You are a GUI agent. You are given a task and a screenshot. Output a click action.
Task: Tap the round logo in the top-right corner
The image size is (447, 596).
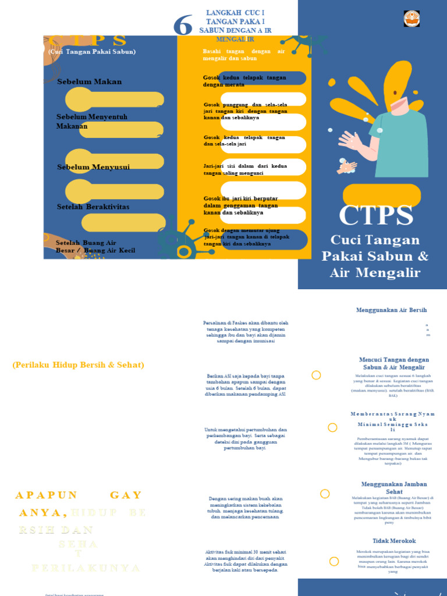pyautogui.click(x=411, y=18)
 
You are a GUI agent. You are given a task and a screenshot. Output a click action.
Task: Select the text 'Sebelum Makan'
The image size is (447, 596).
pyautogui.click(x=90, y=81)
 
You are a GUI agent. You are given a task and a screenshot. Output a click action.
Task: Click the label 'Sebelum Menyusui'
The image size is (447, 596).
pyautogui.click(x=93, y=167)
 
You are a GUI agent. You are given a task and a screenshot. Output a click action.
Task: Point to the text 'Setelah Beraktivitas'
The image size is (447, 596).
pyautogui.click(x=93, y=207)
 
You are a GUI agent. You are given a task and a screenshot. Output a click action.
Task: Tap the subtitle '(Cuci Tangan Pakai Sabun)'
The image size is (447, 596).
pyautogui.click(x=92, y=52)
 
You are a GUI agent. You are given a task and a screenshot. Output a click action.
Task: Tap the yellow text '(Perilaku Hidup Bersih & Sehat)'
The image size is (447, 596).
pyautogui.click(x=78, y=365)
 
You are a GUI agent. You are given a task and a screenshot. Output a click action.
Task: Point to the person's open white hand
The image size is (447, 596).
pyautogui.click(x=351, y=140)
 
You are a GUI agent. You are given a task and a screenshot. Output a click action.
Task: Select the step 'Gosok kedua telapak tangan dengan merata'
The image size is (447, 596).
pyautogui.click(x=244, y=81)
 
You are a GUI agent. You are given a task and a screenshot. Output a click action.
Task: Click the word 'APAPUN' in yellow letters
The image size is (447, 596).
pyautogui.click(x=47, y=495)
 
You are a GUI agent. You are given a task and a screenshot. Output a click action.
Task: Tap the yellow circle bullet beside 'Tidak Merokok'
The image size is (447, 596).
pyautogui.click(x=334, y=562)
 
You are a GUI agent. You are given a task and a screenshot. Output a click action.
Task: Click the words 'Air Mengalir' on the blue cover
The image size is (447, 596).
pyautogui.click(x=375, y=272)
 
